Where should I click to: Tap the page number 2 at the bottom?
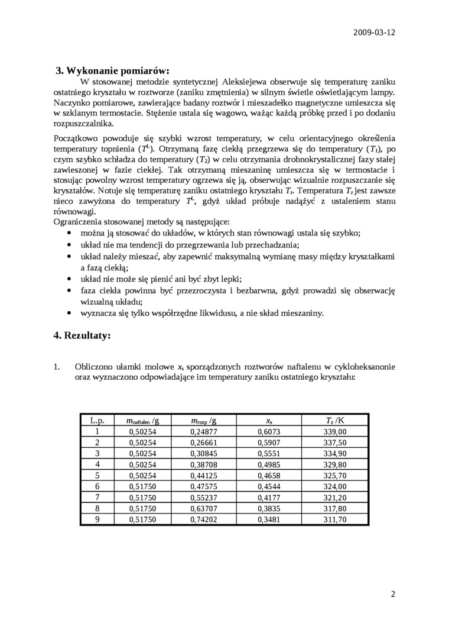tap(393, 593)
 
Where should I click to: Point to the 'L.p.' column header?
tap(97, 421)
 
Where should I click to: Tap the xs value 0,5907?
tap(269, 443)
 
